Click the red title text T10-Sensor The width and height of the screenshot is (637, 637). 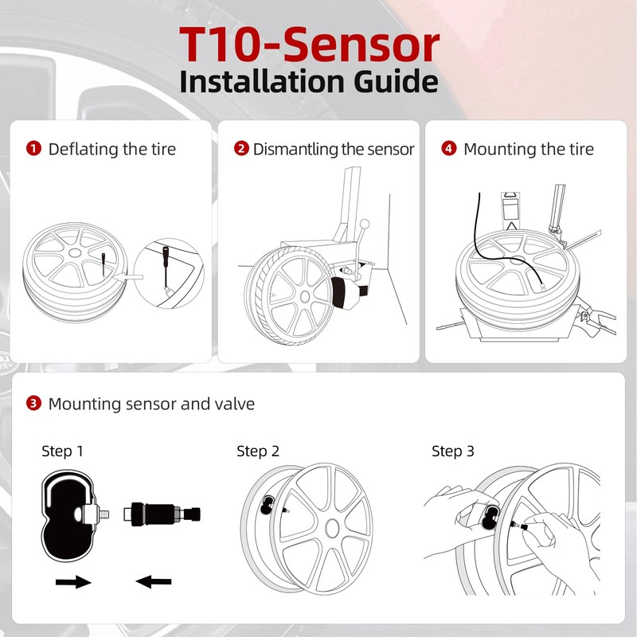(x=308, y=45)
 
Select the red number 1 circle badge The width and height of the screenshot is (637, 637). (x=33, y=149)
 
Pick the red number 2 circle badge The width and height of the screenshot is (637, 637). (x=240, y=149)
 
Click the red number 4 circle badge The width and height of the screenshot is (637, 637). (x=449, y=149)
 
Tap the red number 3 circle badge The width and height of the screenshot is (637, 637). (x=33, y=404)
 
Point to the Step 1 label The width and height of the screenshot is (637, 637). (x=62, y=451)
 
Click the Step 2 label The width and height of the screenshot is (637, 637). (x=258, y=451)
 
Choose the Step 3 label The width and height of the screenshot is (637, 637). (x=453, y=451)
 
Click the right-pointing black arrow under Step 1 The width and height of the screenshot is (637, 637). (x=73, y=582)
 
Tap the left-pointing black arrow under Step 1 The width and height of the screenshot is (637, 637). (x=154, y=582)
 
